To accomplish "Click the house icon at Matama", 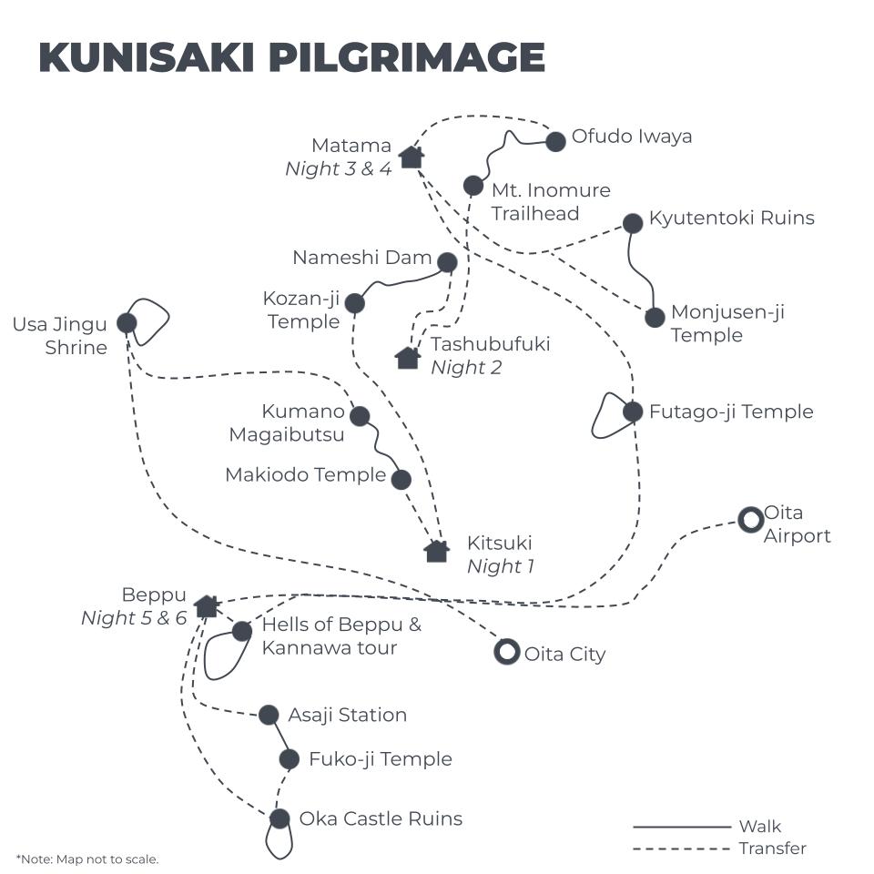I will [412, 157].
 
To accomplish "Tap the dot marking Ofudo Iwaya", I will [555, 141].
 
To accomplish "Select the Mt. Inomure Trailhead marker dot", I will [473, 186].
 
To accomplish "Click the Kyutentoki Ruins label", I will [731, 218].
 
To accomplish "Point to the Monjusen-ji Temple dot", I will [655, 318].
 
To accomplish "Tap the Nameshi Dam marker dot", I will [447, 262].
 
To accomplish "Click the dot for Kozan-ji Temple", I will [355, 303].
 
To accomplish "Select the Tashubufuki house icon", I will [408, 357].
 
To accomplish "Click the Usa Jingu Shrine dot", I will [127, 322].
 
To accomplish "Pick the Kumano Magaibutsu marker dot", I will [360, 416].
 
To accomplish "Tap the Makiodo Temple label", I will [305, 474].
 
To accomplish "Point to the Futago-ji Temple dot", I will [634, 412].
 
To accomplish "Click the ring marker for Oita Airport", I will [750, 520].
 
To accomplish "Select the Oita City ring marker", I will [506, 652].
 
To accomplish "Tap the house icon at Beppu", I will [207, 605].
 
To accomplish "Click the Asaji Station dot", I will [269, 715].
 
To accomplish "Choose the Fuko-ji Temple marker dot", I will [290, 758].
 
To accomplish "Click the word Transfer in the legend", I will [772, 849].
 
